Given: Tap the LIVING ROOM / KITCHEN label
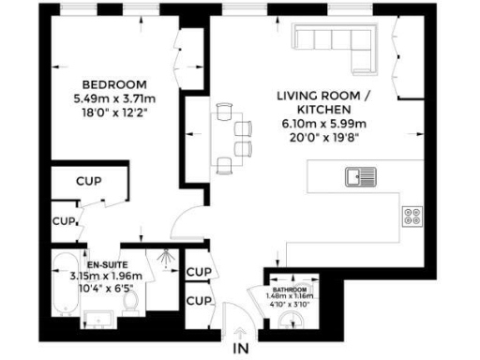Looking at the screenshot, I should coord(319,102).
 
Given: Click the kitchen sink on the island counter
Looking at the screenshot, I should coord(360,176).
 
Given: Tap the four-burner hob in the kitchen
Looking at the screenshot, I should coord(412,217).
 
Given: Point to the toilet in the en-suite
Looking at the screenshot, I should coord(133,299).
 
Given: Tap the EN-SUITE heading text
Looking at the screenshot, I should coord(105,265).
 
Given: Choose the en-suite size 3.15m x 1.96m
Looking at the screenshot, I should coord(105,277).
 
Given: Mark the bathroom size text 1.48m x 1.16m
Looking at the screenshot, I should coord(289,298).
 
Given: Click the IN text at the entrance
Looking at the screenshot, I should coord(241,350).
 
